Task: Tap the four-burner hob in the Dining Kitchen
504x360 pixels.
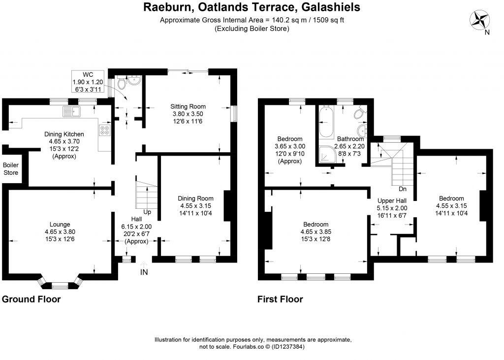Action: pyautogui.click(x=105, y=130)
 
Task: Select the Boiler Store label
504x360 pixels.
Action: pyautogui.click(x=11, y=169)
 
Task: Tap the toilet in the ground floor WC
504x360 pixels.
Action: pyautogui.click(x=122, y=85)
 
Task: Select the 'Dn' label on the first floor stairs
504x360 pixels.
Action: pyautogui.click(x=403, y=189)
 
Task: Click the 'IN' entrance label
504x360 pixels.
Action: pyautogui.click(x=144, y=272)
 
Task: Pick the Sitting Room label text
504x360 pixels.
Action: pyautogui.click(x=188, y=106)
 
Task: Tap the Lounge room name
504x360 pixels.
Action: pyautogui.click(x=60, y=224)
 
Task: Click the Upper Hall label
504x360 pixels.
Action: pyautogui.click(x=392, y=201)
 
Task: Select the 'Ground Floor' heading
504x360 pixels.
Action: pyautogui.click(x=31, y=299)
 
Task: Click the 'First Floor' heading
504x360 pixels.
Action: pyautogui.click(x=280, y=299)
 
